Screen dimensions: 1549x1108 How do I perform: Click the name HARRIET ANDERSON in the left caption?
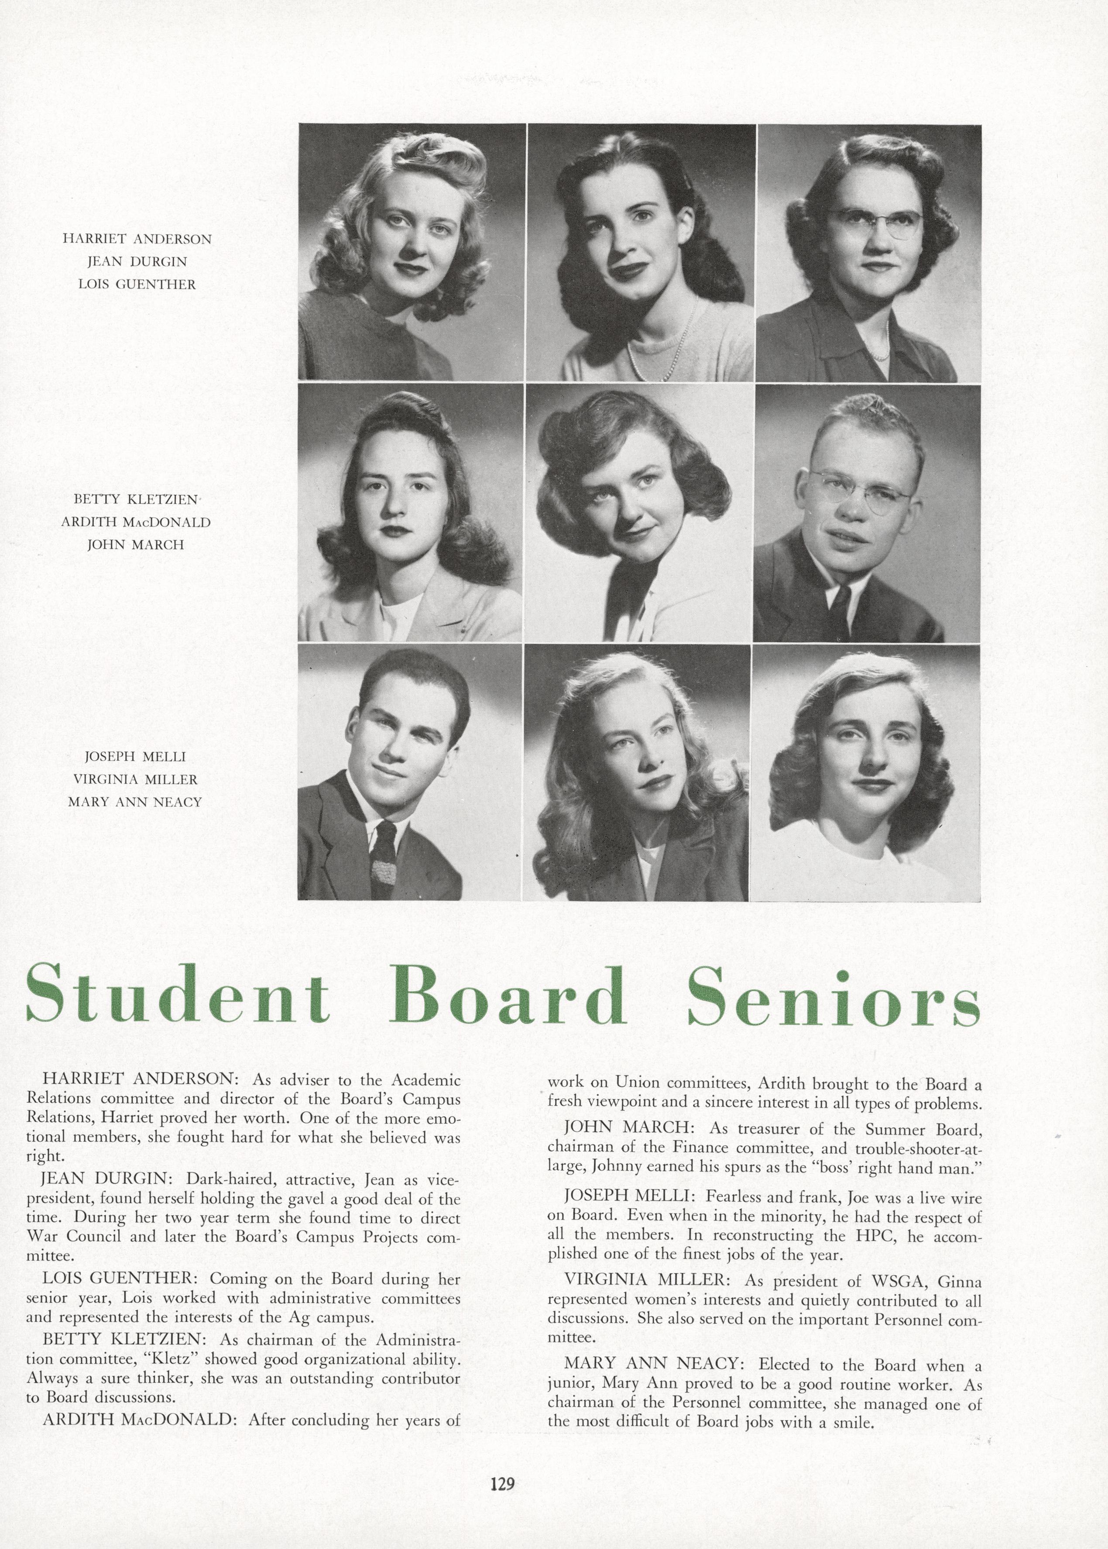click(x=137, y=239)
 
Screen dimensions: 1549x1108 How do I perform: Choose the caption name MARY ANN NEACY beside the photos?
click(x=135, y=802)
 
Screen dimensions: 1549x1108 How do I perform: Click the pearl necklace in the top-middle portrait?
click(x=655, y=355)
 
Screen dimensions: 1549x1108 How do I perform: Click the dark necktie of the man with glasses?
click(x=840, y=603)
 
